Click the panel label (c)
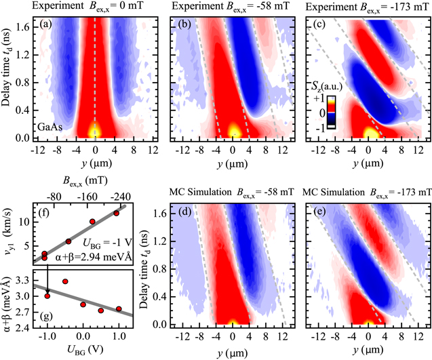click(x=316, y=26)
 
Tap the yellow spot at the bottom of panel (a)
click(x=95, y=129)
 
